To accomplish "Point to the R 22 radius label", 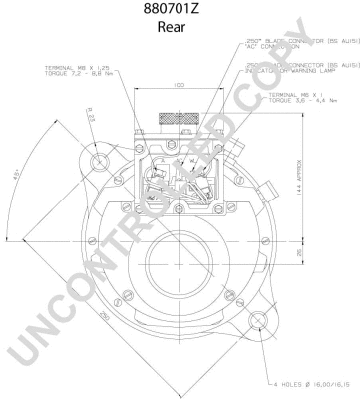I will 90,117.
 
